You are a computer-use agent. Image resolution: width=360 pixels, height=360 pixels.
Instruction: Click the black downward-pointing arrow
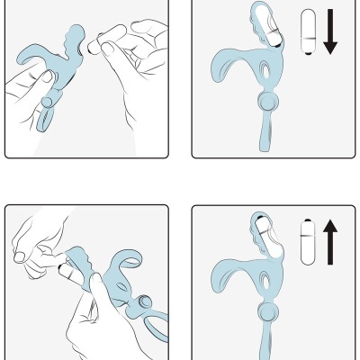[x=329, y=34]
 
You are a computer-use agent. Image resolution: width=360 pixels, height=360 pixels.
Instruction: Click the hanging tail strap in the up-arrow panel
[x=267, y=342]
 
